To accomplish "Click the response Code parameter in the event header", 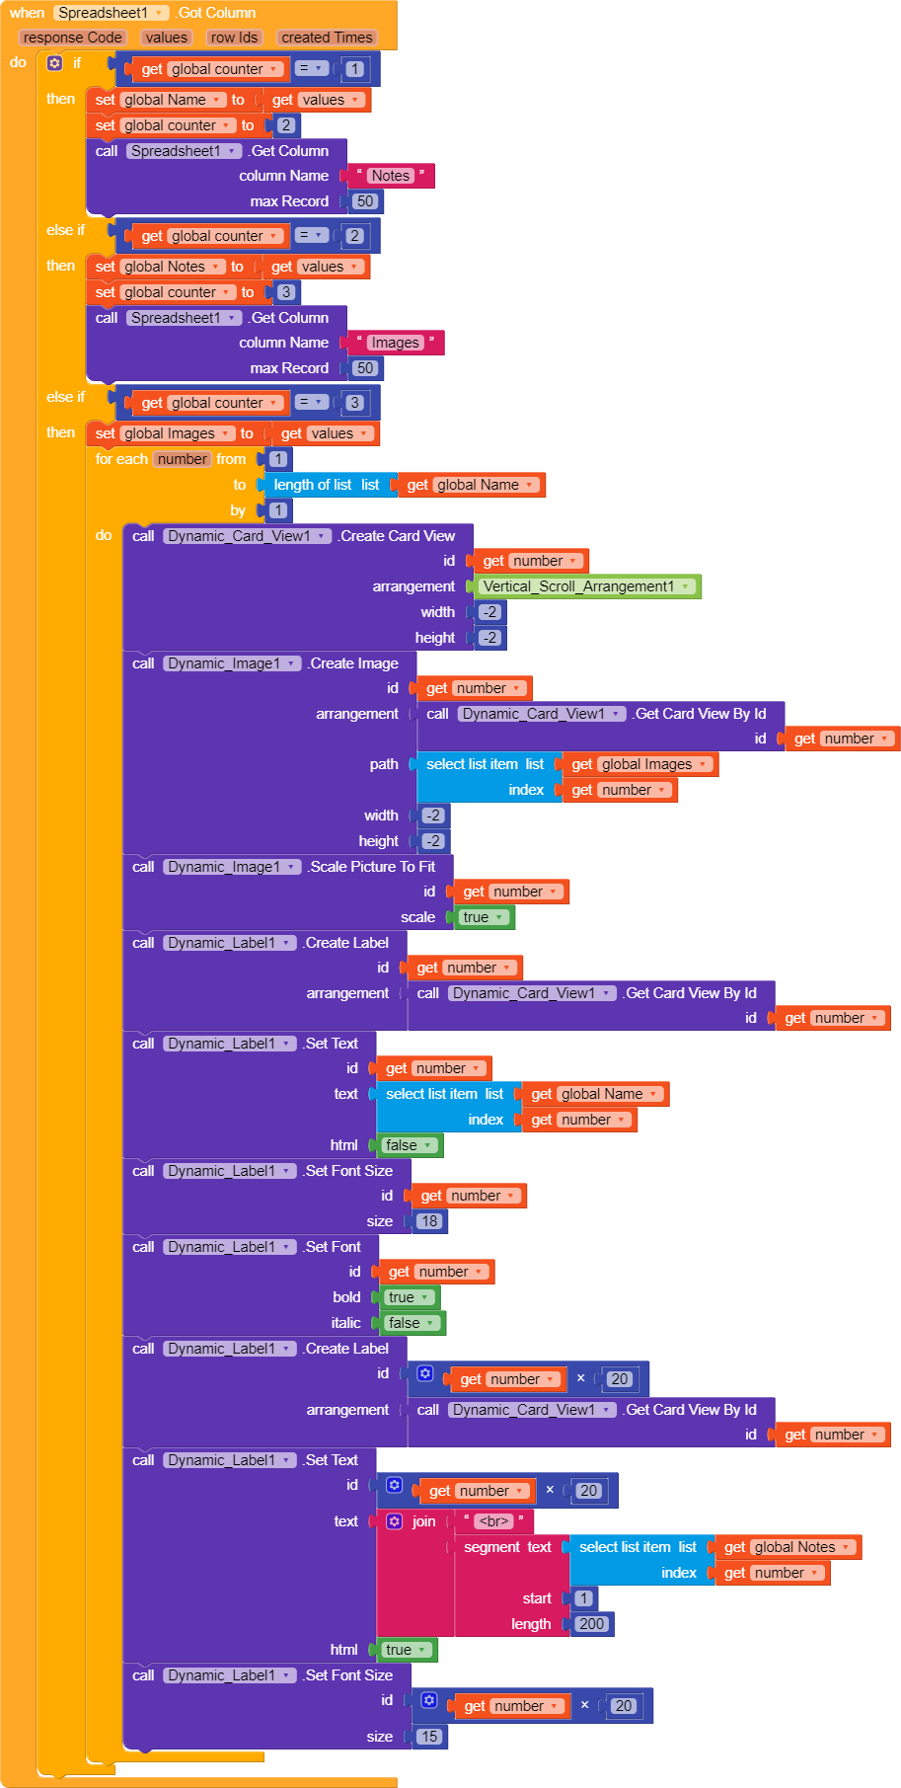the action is point(72,38).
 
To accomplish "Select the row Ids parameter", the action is point(234,38).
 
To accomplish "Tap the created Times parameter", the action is point(327,38).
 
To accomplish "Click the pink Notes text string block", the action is point(391,176).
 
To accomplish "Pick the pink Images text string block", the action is point(396,343).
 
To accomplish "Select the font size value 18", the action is point(428,1221).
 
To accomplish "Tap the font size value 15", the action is point(428,1737).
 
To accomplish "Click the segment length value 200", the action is point(591,1624).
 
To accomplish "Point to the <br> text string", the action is point(493,1521).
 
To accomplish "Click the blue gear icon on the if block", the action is point(54,63).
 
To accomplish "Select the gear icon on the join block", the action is point(395,1521).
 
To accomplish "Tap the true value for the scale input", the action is point(484,917).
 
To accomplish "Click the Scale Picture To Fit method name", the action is point(372,867).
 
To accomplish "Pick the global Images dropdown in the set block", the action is point(178,433).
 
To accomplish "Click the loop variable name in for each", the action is point(183,459).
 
